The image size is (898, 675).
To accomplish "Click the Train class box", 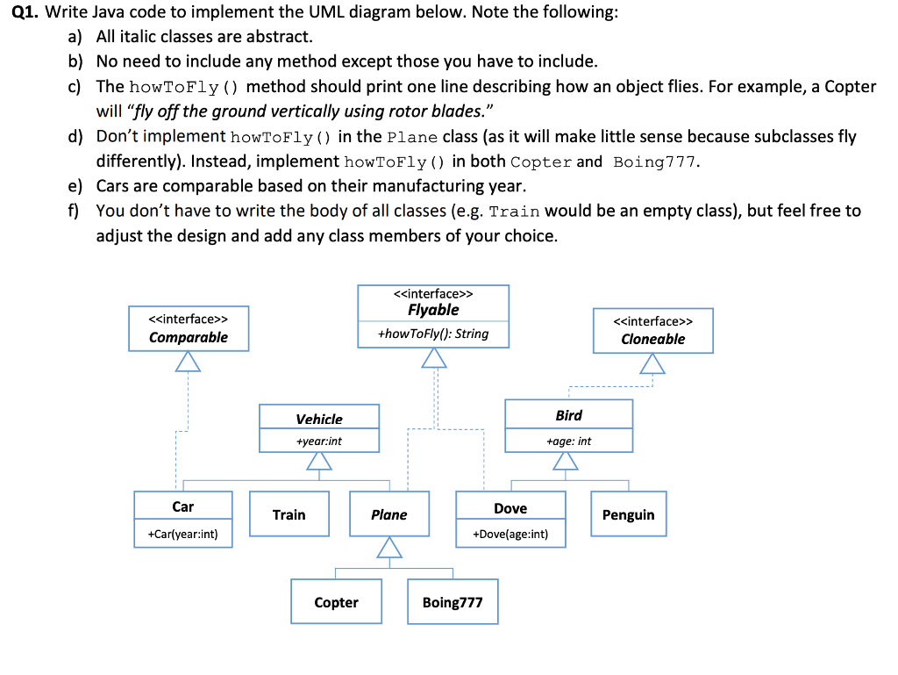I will [289, 514].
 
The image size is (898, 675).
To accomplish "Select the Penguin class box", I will [628, 514].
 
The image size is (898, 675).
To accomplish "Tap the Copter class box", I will [336, 602].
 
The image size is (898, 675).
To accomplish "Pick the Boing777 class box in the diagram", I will [452, 602].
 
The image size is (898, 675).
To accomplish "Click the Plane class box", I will [388, 514].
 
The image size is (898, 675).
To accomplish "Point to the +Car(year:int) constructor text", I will [182, 534].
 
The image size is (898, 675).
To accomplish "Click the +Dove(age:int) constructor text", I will [510, 534].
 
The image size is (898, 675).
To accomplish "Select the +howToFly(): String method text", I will [433, 334].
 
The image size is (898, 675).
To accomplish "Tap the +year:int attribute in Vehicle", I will [319, 441].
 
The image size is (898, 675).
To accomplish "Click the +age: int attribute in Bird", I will [568, 441].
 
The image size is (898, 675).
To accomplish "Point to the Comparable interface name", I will [189, 337].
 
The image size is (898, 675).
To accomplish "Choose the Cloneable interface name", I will [652, 339].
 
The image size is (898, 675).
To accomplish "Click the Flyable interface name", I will [433, 310].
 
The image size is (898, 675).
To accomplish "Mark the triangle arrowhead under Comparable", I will [189, 361].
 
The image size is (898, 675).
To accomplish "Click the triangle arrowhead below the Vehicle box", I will [319, 462].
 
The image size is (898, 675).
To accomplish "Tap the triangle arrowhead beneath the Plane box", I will [388, 548].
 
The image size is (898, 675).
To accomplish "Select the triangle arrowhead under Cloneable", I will [652, 363].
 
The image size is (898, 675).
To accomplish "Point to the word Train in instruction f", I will [513, 212].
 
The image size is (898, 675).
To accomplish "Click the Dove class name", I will [510, 508].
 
